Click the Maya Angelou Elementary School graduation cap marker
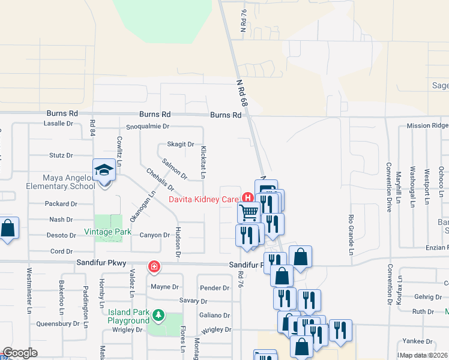click(104, 170)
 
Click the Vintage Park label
click(107, 232)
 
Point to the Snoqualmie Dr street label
click(148, 127)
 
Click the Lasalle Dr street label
click(58, 123)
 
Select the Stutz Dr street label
click(61, 155)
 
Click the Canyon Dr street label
click(154, 235)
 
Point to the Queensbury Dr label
click(58, 323)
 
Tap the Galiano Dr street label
click(214, 315)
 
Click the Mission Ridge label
click(427, 125)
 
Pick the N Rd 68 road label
click(241, 95)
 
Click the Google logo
click(20, 353)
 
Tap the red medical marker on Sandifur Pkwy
click(154, 266)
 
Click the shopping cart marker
click(248, 212)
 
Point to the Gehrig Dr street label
click(427, 297)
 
